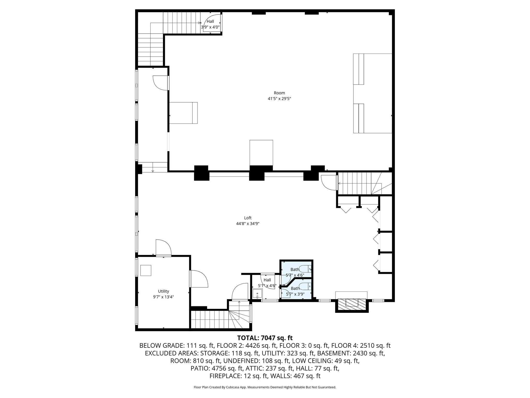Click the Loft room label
248,218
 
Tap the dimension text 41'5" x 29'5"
279,99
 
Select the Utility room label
163,291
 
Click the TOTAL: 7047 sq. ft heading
265,338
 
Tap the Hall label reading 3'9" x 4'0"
210,24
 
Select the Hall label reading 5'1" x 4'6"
267,283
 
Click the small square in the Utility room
146,270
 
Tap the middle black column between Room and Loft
257,173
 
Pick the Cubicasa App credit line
265,387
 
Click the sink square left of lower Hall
257,294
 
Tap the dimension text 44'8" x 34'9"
248,224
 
